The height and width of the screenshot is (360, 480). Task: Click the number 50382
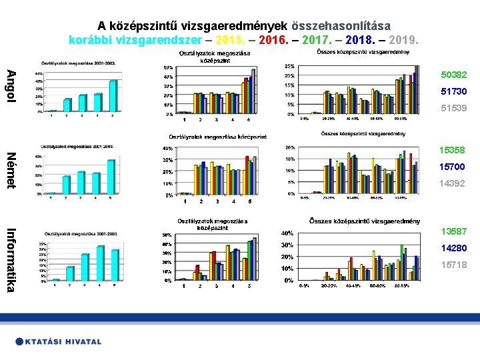click(x=453, y=75)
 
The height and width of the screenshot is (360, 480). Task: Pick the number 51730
click(x=453, y=91)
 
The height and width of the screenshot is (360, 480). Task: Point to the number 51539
click(x=453, y=108)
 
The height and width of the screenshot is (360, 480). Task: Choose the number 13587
click(x=453, y=231)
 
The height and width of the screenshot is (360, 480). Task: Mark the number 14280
click(x=453, y=248)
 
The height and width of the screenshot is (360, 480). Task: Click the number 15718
click(x=453, y=265)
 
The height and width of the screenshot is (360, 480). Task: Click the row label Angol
click(x=11, y=85)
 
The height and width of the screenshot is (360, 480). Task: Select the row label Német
click(x=11, y=171)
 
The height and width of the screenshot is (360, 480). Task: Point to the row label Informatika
click(x=11, y=259)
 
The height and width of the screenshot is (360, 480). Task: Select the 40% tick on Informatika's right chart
click(x=285, y=233)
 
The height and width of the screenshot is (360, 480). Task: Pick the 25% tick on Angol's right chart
click(x=289, y=67)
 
